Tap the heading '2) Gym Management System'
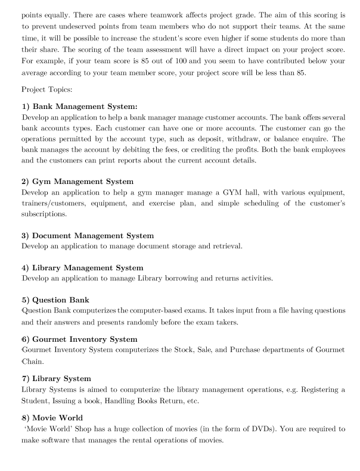pyautogui.click(x=77, y=181)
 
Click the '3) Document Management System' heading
pyautogui.click(x=87, y=236)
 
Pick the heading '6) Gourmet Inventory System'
pyautogui.click(x=79, y=339)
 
